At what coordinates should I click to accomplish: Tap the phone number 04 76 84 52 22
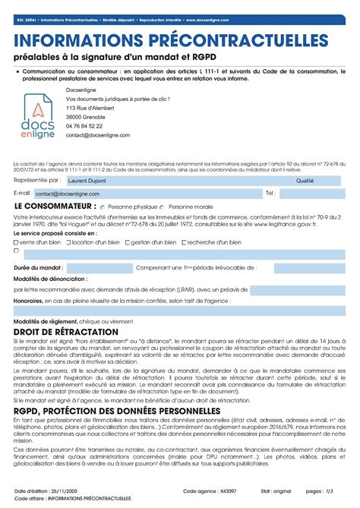point(84,125)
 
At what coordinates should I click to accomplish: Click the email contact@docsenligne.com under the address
point(97,134)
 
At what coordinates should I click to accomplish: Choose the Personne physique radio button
point(104,207)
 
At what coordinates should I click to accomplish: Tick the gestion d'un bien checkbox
point(127,242)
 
